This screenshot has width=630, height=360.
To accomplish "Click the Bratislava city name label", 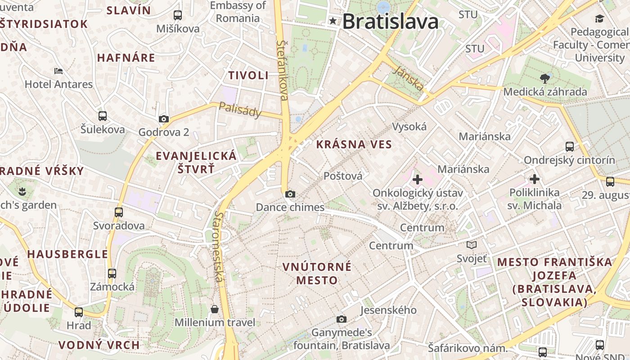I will pyautogui.click(x=390, y=22).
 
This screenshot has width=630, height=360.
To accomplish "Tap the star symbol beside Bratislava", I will pyautogui.click(x=333, y=21).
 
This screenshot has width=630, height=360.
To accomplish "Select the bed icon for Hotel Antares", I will pyautogui.click(x=58, y=71).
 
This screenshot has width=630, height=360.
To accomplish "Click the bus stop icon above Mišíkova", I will pyautogui.click(x=178, y=15).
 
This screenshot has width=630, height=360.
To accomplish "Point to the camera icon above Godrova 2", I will pyautogui.click(x=164, y=119).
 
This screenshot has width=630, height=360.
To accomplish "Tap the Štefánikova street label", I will pyautogui.click(x=283, y=70).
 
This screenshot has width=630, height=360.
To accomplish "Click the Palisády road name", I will pyautogui.click(x=240, y=109).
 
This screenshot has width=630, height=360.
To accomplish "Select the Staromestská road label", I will pyautogui.click(x=219, y=247).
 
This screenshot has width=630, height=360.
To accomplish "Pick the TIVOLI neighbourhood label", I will pyautogui.click(x=248, y=75).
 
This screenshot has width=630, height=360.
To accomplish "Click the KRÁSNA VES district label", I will pyautogui.click(x=354, y=144).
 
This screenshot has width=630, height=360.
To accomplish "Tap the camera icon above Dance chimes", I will pyautogui.click(x=290, y=194).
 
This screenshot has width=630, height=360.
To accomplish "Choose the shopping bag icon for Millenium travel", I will pyautogui.click(x=215, y=309).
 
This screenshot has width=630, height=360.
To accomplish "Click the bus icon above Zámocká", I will pyautogui.click(x=112, y=273).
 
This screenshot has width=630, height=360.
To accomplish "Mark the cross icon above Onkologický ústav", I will pyautogui.click(x=418, y=180).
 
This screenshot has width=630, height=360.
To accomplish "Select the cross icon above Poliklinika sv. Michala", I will pyautogui.click(x=534, y=179).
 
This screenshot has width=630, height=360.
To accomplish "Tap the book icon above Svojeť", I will pyautogui.click(x=472, y=245).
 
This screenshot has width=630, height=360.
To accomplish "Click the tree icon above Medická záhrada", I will pyautogui.click(x=545, y=79).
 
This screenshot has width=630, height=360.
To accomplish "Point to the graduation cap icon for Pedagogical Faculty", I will pyautogui.click(x=599, y=18).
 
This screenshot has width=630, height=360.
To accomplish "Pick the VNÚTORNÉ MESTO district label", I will pyautogui.click(x=317, y=274).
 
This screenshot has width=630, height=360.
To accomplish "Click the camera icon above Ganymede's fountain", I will pyautogui.click(x=342, y=319).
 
